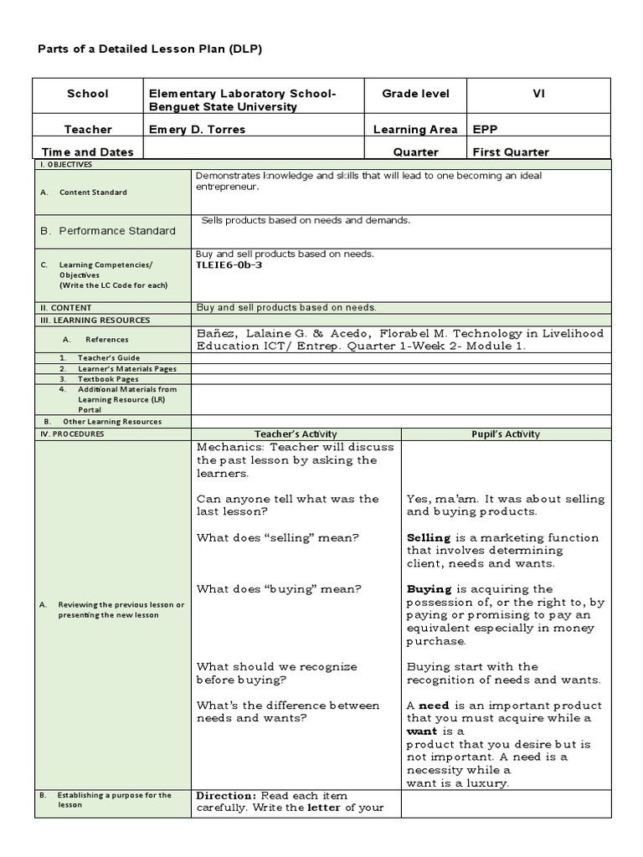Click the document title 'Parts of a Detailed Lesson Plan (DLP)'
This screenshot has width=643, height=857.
(151, 49)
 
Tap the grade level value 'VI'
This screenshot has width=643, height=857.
(538, 94)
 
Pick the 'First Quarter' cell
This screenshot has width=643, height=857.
(511, 152)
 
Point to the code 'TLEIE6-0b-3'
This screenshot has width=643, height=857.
(229, 264)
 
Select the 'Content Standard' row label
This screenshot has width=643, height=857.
(93, 192)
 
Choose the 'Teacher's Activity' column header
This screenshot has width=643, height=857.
(296, 434)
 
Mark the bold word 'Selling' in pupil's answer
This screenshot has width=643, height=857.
(429, 538)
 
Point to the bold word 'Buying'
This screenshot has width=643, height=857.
(429, 589)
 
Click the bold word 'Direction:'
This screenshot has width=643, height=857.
(226, 795)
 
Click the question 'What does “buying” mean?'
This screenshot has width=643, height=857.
(279, 589)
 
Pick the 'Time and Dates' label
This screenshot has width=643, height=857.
(88, 152)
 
